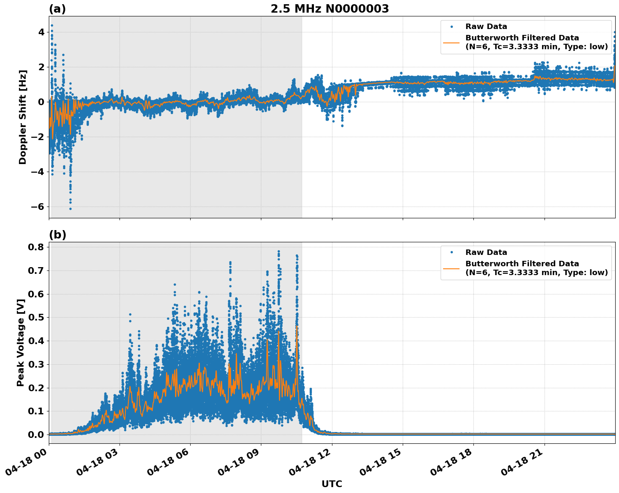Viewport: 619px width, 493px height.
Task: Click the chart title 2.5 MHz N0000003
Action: [x=329, y=9]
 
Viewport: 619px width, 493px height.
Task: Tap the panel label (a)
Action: [x=57, y=9]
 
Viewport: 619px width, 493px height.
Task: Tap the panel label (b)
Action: [x=57, y=235]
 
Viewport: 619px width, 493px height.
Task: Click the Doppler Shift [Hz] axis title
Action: [x=23, y=117]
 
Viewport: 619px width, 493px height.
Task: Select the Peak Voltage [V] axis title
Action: [x=21, y=342]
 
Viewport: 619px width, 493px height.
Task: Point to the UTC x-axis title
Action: [x=332, y=484]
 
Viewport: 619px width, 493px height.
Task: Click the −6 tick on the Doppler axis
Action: [x=37, y=207]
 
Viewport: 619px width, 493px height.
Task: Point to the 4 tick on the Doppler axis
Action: [x=41, y=32]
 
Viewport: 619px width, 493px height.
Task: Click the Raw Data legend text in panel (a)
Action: [x=486, y=27]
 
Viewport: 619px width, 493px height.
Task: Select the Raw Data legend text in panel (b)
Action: [x=486, y=252]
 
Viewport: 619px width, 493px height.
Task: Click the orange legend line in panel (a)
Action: [x=451, y=42]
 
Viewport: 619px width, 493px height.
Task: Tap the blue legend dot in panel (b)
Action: [x=451, y=252]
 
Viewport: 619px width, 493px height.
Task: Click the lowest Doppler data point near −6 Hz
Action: [x=70, y=209]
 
